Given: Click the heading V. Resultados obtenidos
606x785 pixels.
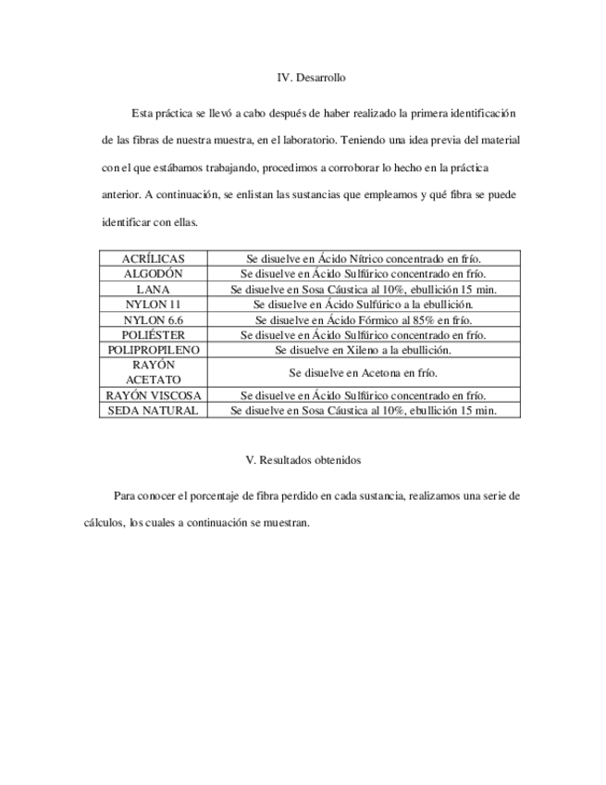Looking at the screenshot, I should click(x=303, y=460).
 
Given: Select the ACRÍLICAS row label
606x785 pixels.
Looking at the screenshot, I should click(x=154, y=259).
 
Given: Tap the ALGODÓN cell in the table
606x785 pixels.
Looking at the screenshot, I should click(x=154, y=274).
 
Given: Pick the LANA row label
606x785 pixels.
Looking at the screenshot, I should click(x=154, y=289).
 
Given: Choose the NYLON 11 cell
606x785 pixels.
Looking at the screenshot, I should click(x=154, y=304).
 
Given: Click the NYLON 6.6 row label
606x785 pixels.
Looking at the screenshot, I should click(x=154, y=319).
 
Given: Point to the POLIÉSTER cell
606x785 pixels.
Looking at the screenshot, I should click(x=154, y=334).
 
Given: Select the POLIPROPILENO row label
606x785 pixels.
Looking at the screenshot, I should click(x=154, y=350).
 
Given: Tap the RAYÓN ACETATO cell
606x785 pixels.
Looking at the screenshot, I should click(x=154, y=372).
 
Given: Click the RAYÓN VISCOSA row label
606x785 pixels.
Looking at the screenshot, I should click(x=154, y=395).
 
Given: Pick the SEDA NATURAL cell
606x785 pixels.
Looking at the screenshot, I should click(x=154, y=410).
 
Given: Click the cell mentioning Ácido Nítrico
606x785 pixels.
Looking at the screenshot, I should click(x=364, y=259).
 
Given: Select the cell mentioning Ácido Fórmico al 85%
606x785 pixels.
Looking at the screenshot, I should click(x=364, y=319).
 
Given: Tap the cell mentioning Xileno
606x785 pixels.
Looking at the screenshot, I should click(x=364, y=350).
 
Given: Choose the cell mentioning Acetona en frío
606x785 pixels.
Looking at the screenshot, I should click(x=364, y=372).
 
